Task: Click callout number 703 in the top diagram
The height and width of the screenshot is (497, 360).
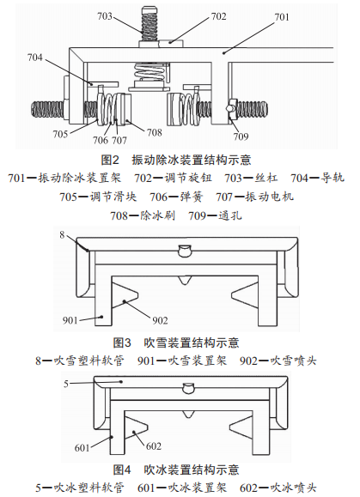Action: (x=105, y=15)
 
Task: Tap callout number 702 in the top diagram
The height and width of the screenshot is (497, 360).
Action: (x=219, y=16)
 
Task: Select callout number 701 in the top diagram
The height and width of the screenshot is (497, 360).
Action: (x=282, y=17)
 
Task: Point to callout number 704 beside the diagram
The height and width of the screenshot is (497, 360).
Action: (x=35, y=58)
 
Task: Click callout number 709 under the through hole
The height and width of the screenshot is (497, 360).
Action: (x=241, y=136)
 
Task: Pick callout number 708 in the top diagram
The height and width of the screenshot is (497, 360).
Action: (x=155, y=132)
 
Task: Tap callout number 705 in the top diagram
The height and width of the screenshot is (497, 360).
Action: (x=60, y=134)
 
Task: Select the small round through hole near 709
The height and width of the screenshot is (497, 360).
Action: (x=229, y=108)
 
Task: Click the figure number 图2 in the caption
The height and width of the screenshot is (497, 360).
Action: (x=110, y=160)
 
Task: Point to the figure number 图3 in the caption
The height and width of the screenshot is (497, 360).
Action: (x=122, y=342)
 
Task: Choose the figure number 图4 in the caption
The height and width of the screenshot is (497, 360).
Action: (x=122, y=470)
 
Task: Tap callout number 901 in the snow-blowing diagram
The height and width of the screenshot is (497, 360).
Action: (x=70, y=320)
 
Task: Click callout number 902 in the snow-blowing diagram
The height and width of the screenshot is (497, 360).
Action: (x=160, y=320)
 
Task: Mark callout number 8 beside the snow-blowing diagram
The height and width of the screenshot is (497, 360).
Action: (x=62, y=235)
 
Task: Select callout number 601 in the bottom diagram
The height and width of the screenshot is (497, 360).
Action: (x=82, y=447)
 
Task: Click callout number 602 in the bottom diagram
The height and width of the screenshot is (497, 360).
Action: (x=154, y=446)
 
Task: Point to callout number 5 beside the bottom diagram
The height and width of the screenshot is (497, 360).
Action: (x=66, y=384)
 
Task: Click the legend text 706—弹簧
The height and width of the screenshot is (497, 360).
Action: (x=176, y=197)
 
